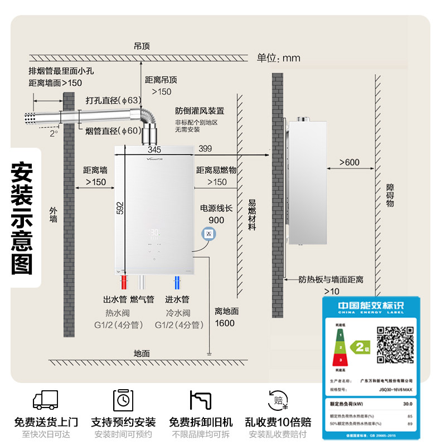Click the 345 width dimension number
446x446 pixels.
point(154,149)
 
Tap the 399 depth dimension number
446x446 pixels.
point(205,148)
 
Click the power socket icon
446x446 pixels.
point(209,234)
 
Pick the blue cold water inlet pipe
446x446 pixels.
point(177,281)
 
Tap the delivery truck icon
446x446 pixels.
point(46,399)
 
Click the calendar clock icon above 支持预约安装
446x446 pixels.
point(123,399)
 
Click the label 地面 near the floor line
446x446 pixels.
point(142,353)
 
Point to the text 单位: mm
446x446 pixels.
point(278,58)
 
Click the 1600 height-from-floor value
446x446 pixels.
point(225,323)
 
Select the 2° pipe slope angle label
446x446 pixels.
point(54,134)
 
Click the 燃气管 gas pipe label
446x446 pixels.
point(142,300)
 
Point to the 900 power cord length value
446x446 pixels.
point(216,220)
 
